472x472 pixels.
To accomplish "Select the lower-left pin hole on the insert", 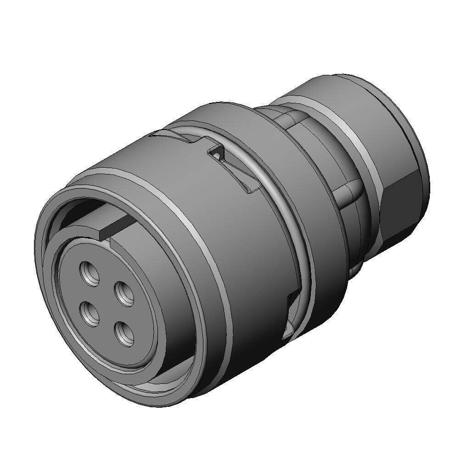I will point(90,315).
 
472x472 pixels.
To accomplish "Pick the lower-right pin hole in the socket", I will point(124,333).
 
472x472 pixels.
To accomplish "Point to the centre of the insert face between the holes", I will point(107,303).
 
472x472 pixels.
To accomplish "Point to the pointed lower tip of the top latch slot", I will point(251,190).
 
